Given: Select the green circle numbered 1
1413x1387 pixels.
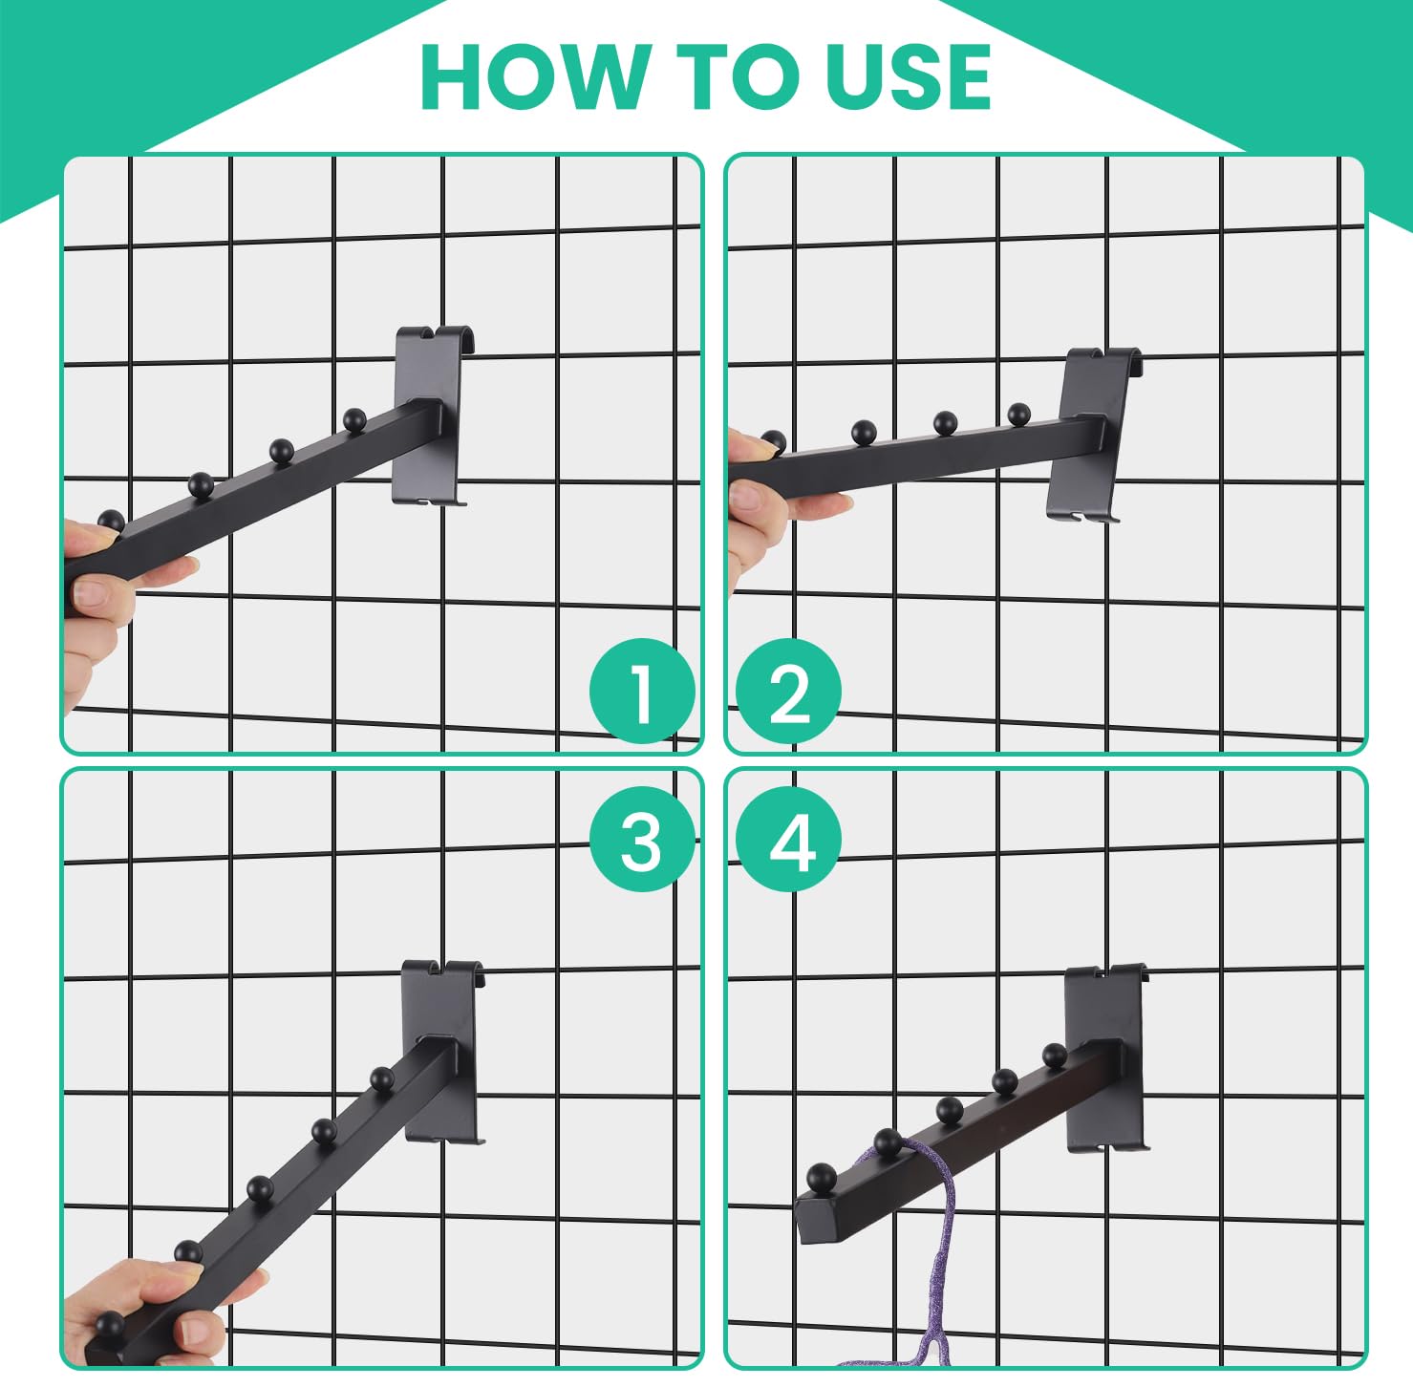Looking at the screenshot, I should click(x=641, y=691).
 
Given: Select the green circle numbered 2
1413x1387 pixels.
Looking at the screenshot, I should click(x=789, y=691).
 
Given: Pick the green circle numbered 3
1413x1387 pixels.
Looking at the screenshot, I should click(x=641, y=840).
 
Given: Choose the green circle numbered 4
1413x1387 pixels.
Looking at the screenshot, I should click(x=789, y=840).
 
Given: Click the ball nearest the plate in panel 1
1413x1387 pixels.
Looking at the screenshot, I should click(x=354, y=418).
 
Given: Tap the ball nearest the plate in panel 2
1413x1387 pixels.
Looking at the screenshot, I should click(x=1018, y=415).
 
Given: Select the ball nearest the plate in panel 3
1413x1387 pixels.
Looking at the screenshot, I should click(x=382, y=1078).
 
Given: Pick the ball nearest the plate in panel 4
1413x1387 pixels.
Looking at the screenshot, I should click(x=1055, y=1056).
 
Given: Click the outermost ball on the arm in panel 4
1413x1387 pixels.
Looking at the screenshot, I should click(x=821, y=1176).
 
